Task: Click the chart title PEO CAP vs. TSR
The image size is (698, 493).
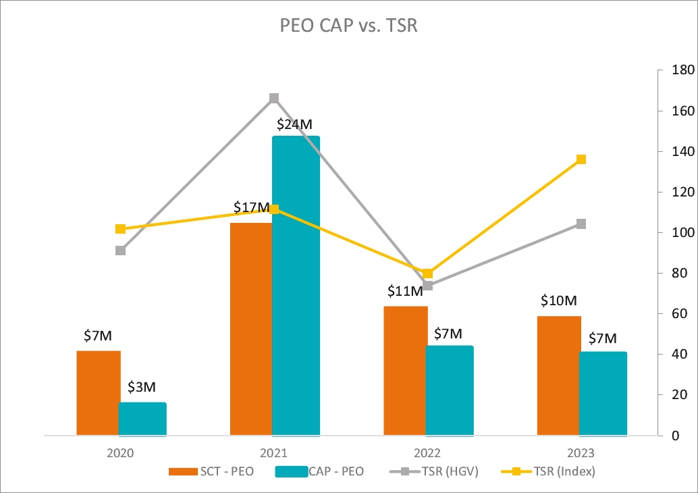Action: point(350,26)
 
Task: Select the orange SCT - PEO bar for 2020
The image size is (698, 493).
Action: point(99,392)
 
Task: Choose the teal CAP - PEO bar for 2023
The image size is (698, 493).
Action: point(602,393)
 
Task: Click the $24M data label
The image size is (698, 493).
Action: point(295,125)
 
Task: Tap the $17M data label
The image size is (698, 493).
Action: point(252,207)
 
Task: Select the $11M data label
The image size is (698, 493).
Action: point(405,291)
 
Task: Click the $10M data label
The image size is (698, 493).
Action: point(558,301)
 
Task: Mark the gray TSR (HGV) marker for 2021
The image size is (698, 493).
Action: point(274,99)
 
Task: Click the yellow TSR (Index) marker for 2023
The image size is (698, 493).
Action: point(581,159)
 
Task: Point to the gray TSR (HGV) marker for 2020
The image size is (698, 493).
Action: point(120,251)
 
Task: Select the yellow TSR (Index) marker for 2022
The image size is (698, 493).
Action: point(427,274)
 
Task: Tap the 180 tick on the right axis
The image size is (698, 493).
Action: point(677,70)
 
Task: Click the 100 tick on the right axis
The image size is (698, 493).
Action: point(677,232)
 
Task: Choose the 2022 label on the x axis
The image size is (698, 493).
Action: point(427,452)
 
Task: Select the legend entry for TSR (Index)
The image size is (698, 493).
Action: point(548,471)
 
